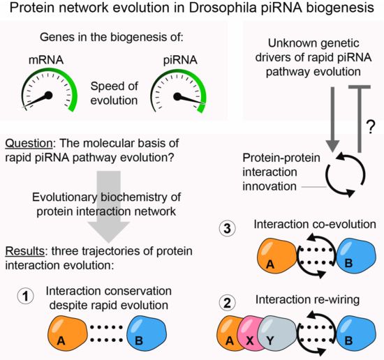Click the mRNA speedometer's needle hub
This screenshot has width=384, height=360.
coord(49,95)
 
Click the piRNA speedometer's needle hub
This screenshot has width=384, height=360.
coord(177,96)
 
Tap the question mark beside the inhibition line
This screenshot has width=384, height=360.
coord(371,127)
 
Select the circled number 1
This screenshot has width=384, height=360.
coord(25,296)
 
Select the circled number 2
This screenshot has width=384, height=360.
coord(228,303)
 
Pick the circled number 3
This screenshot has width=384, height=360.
coord(228,229)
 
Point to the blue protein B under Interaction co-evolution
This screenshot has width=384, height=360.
coord(356,257)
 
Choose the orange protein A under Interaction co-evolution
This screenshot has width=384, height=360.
coord(277,257)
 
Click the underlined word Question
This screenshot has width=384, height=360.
coord(29,144)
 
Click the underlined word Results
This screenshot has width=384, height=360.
coord(24,251)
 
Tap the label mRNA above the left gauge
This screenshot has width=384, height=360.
coord(46,60)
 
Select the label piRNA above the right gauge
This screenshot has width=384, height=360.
coord(180,60)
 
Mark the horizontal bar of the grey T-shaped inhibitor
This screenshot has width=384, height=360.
coord(360,87)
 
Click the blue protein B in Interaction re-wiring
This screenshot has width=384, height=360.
coord(356,334)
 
